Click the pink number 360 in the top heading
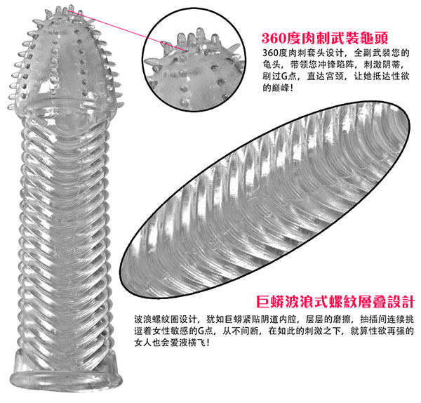(x=274, y=38)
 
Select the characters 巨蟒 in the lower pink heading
(x=269, y=301)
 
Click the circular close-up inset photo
(x=194, y=60)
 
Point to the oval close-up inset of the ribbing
(x=265, y=199)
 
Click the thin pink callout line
(x=126, y=30)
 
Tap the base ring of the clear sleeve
(x=67, y=379)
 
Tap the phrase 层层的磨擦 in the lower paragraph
(x=328, y=319)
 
